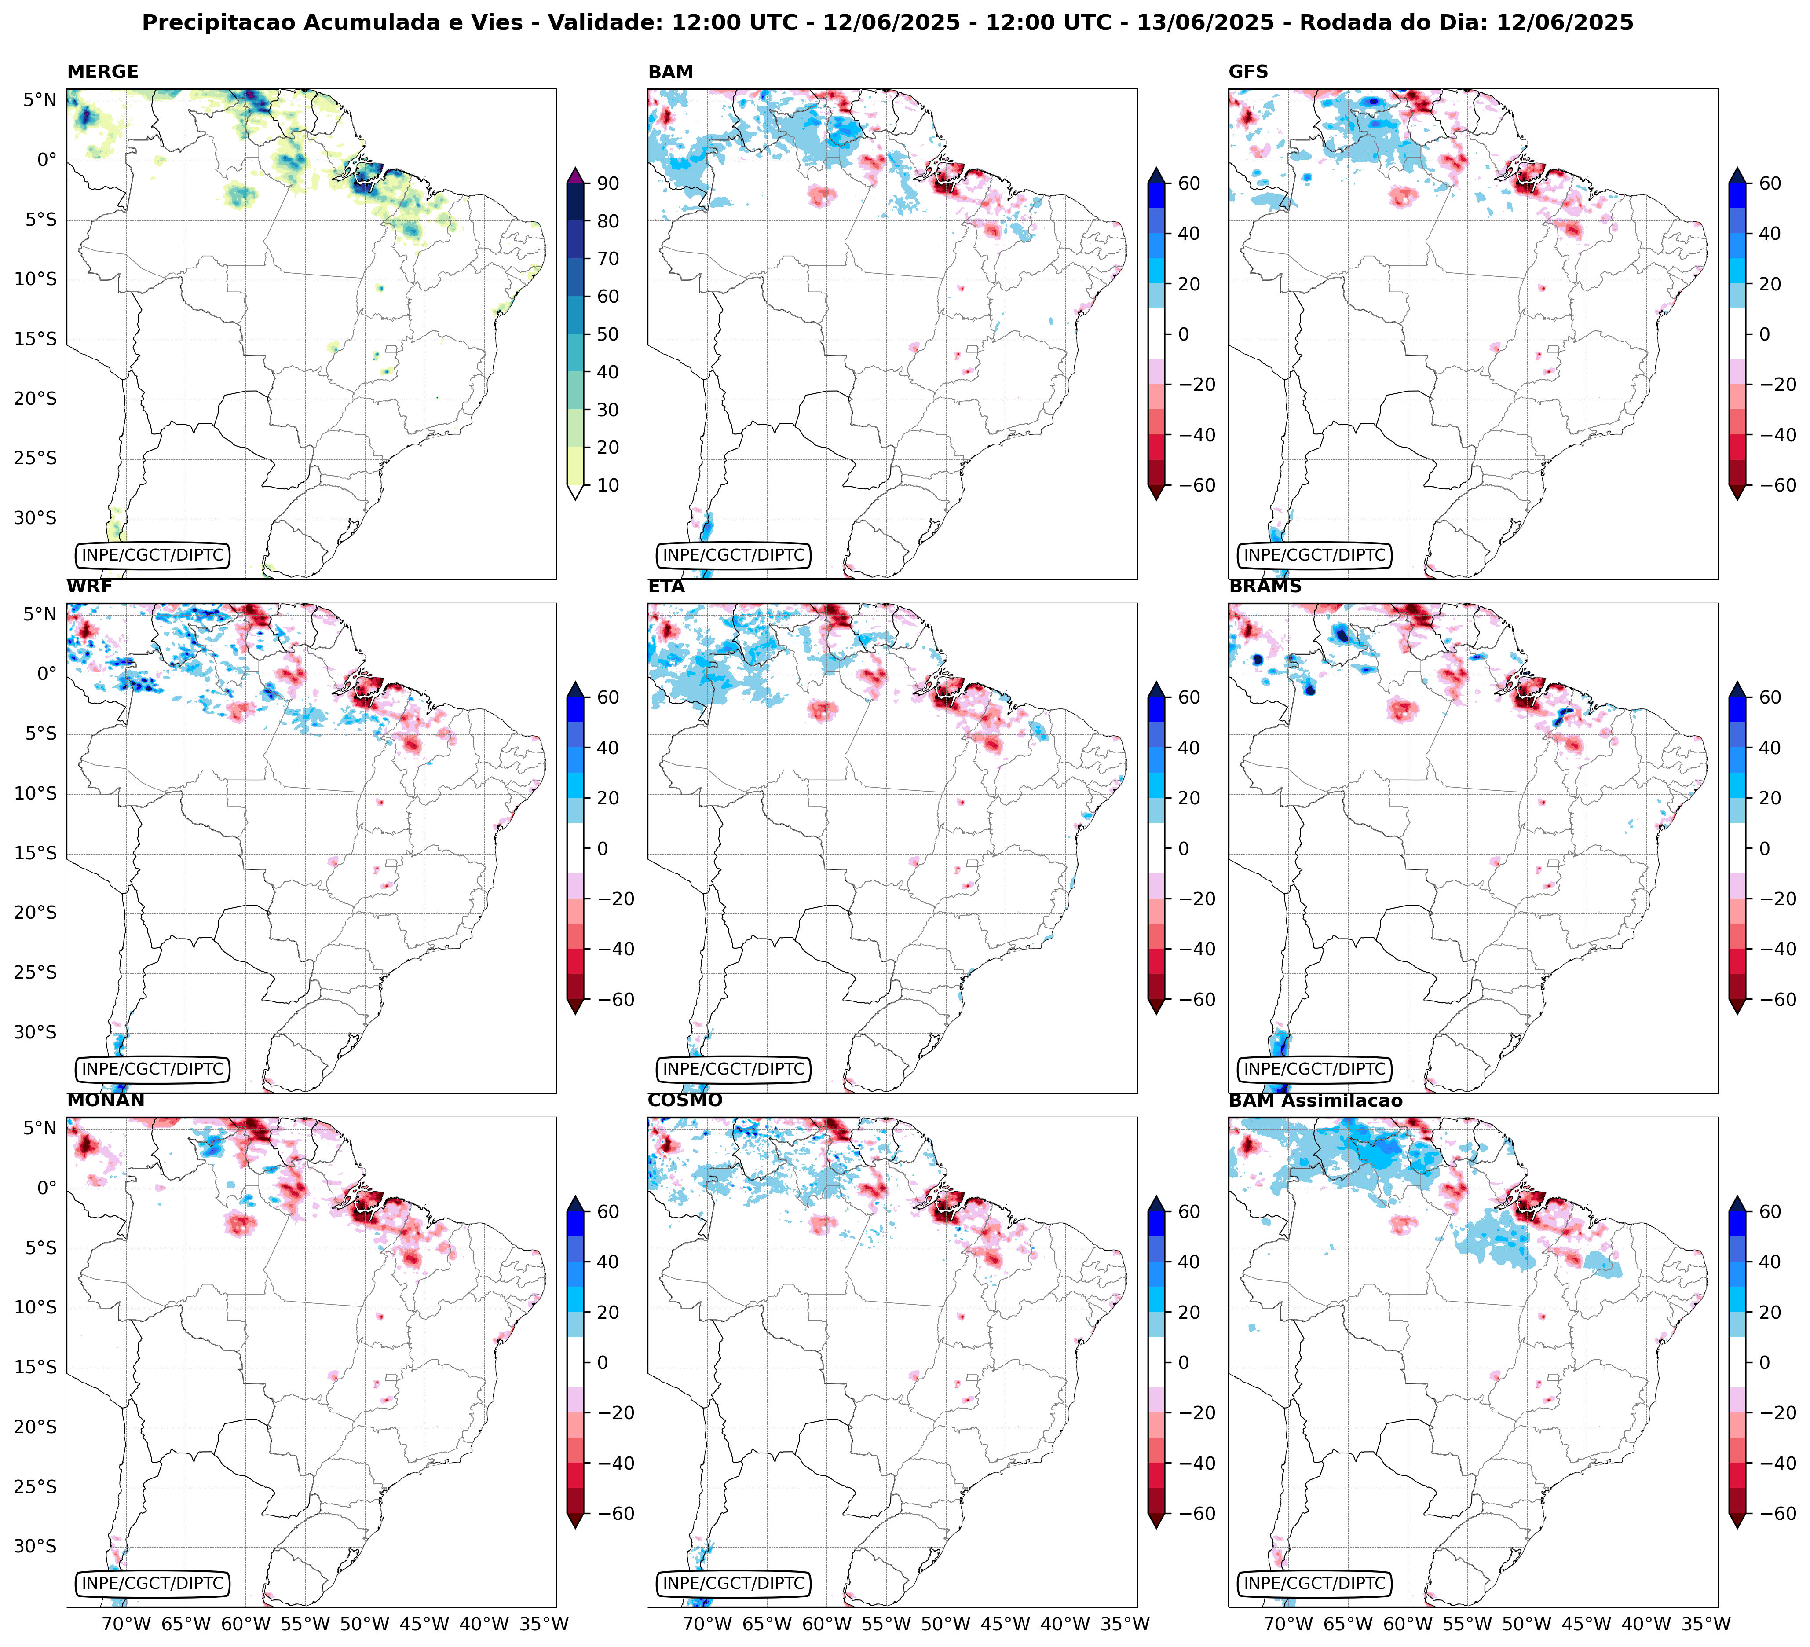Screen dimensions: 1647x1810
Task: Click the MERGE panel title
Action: [x=102, y=72]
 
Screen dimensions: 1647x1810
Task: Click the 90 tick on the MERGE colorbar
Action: [x=608, y=183]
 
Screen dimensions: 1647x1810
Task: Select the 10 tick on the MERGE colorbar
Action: [x=608, y=485]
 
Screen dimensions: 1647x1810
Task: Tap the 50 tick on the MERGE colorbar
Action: [x=608, y=334]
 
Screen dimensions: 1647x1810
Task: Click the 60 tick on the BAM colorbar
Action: [x=1189, y=183]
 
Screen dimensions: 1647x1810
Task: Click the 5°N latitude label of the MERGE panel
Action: [x=40, y=100]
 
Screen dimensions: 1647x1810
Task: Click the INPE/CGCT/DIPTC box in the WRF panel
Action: [x=153, y=1069]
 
